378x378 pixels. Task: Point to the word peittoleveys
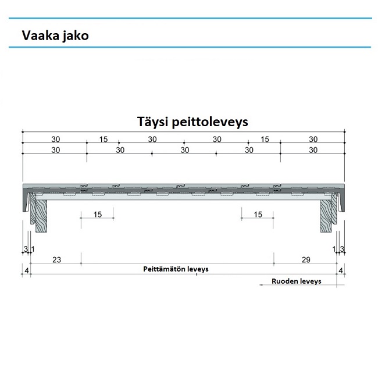pos(213,123)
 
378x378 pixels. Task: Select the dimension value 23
pos(56,260)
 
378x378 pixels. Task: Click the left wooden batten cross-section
pos(41,213)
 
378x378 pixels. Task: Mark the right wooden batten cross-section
pos(327,213)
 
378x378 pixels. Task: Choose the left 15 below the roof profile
pos(97,215)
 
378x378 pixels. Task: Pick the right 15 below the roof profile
pos(258,215)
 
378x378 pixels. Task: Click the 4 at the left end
pos(26,270)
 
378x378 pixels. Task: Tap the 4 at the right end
pos(341,270)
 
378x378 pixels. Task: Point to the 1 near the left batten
pos(32,249)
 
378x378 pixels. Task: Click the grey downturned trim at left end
pos(27,201)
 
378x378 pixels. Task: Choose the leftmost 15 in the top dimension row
pos(103,139)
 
